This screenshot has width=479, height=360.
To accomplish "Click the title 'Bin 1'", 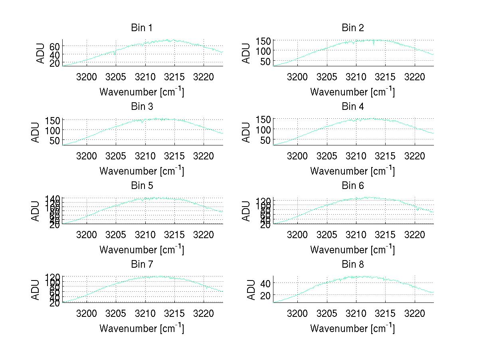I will point(142,28).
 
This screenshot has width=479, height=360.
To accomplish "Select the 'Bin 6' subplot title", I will point(353,186).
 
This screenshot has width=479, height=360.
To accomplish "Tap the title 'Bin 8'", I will point(353,265).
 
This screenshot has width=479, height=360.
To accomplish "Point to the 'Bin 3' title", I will point(142,107).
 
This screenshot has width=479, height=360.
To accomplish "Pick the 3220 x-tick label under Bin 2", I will point(415,76).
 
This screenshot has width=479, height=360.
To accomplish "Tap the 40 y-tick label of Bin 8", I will point(265,283).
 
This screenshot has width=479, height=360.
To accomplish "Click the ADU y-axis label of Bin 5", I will point(36,211).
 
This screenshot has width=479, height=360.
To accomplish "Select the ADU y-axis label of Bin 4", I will point(247,132).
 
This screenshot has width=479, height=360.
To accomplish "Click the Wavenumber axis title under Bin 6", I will point(352,250).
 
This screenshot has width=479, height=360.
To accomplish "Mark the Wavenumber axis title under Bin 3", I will point(142,171).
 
